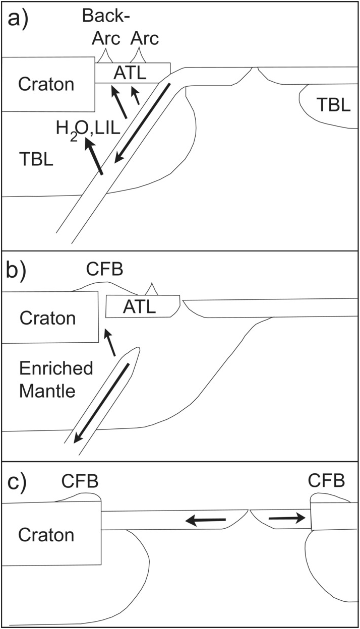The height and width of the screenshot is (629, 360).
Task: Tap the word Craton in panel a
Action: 46,84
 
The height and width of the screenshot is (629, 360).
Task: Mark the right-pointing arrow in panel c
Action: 286,518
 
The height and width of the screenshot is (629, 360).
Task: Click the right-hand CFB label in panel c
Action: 327,481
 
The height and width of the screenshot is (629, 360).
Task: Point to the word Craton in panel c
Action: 46,535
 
